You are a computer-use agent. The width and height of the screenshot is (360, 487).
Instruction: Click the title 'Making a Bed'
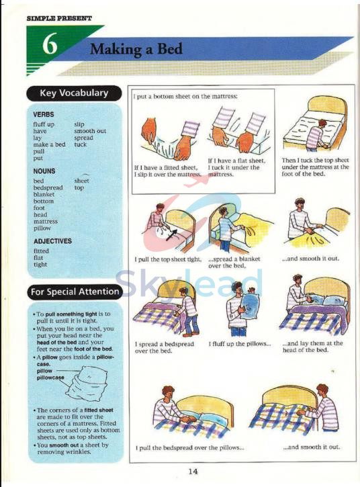click(136, 49)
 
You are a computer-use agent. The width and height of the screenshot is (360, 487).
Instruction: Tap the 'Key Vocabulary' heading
click(74, 93)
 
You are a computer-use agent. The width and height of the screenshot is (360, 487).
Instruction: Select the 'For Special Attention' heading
click(74, 292)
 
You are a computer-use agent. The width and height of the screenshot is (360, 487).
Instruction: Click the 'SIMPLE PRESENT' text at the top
click(59, 18)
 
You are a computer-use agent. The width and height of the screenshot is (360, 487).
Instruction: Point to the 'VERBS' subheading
click(44, 115)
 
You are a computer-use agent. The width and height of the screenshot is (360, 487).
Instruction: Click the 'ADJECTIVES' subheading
click(52, 241)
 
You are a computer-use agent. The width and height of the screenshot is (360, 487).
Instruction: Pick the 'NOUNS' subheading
click(44, 171)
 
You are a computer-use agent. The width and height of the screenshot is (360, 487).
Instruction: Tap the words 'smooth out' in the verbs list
click(90, 131)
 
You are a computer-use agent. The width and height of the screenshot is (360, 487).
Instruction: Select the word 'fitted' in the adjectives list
click(41, 251)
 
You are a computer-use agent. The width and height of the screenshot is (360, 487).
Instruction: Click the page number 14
click(193, 471)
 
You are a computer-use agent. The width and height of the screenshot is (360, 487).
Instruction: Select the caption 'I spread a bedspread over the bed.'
click(164, 347)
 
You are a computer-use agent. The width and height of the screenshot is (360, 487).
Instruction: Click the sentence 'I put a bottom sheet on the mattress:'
click(185, 97)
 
